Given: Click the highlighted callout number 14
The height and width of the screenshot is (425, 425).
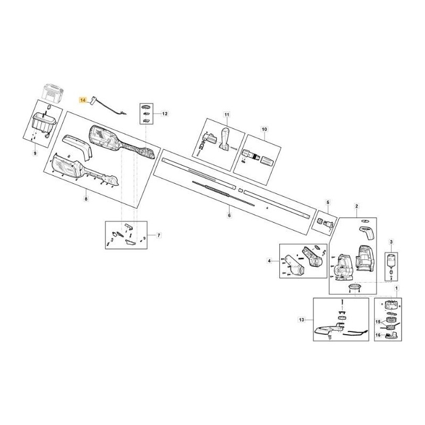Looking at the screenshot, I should pos(82,99).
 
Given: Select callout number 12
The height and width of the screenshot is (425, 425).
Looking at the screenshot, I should pos(165,114).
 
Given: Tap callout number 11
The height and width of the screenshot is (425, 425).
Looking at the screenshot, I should pos(226,115).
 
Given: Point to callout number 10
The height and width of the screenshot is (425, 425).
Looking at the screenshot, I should pos(264,129).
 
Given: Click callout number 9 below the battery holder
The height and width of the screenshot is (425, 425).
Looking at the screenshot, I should pos(35,154).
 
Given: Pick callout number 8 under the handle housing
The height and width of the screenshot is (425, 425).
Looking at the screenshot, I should pos(86,199).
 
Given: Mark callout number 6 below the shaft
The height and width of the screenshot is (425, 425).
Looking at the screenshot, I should pos(229,215).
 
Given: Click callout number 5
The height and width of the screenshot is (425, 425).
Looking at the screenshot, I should pos(328,202).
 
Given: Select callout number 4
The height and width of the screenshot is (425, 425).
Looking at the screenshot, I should pos(269,261).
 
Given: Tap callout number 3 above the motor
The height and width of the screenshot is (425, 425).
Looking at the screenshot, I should pos(392,242).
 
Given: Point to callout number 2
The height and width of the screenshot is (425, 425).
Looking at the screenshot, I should pos(357,206).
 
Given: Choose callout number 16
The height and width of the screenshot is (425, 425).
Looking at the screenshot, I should pos(378,336).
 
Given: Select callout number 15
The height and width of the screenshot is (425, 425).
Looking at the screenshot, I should pos(378,322).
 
